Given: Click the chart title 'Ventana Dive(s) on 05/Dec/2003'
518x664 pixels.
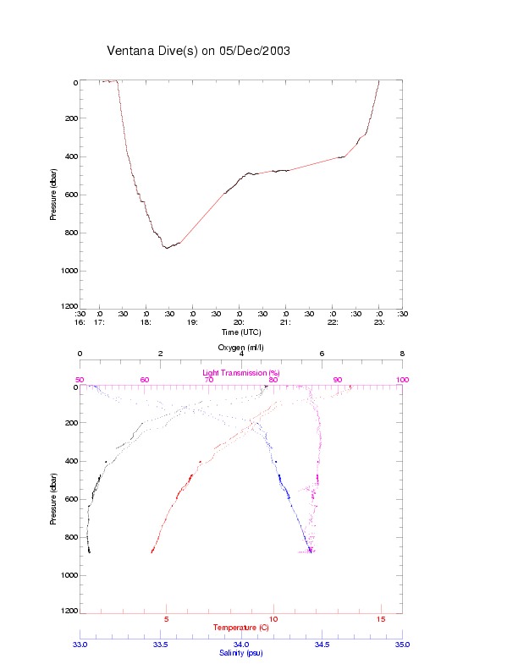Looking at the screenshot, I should coord(198,51).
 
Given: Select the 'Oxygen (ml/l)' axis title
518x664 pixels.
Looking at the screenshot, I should coord(241,348).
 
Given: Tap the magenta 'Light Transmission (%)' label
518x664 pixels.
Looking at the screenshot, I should coord(241,372).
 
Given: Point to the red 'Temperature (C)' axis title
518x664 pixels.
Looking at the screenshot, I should coord(240,628).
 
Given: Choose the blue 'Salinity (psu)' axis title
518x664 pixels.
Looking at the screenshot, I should coord(240,653).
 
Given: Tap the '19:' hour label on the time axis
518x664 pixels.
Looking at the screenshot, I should coord(192,322).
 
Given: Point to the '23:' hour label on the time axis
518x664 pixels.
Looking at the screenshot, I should coord(379,322).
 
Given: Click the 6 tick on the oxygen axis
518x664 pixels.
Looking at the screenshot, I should coord(322,354).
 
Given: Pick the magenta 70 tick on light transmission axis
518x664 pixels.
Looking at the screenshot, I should coord(209,381).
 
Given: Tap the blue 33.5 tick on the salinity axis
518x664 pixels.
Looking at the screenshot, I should coord(161,645).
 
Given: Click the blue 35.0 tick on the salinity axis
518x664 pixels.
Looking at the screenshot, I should coord(402,645).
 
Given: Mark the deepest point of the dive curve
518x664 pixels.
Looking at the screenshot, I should coord(167,248).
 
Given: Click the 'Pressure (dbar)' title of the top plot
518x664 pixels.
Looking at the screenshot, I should coord(53,195).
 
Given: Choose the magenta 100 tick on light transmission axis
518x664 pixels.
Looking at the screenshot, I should coord(402,381).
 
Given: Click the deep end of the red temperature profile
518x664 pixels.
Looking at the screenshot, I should coord(152,552).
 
